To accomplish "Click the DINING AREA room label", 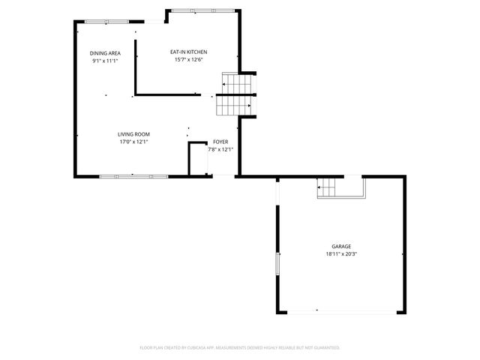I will coord(105,53).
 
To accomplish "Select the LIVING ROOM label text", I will coord(133,134).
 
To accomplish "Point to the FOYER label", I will coord(220,142).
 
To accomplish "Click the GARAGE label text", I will coord(341,247).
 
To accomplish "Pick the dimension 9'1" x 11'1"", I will coord(105,61).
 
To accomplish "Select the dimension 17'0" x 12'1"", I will coord(133,142).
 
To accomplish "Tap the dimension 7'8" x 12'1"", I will coord(220,149).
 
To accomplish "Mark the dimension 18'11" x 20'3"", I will coord(341,254).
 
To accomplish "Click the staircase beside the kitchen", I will coord(235,95).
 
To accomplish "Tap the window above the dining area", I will coord(106,22).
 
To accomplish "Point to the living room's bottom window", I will coord(133,175).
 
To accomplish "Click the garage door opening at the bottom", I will coord(342,311).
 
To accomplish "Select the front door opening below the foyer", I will coord(223,176).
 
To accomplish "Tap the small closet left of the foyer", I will coord(197,158).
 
